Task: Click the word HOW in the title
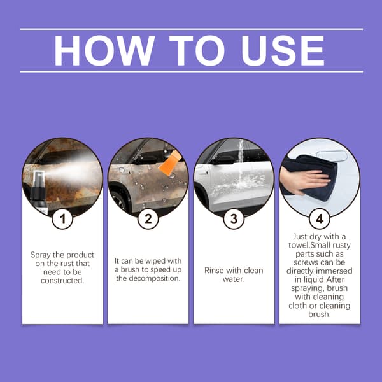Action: [104, 50]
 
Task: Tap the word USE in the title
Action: [283, 50]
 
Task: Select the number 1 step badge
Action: [62, 218]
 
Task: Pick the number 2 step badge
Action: [148, 218]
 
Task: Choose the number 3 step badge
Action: [234, 218]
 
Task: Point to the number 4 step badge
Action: [320, 218]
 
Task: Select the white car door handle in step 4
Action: [332, 156]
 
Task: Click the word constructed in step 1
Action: [62, 281]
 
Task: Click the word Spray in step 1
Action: [41, 255]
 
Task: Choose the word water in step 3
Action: [233, 279]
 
